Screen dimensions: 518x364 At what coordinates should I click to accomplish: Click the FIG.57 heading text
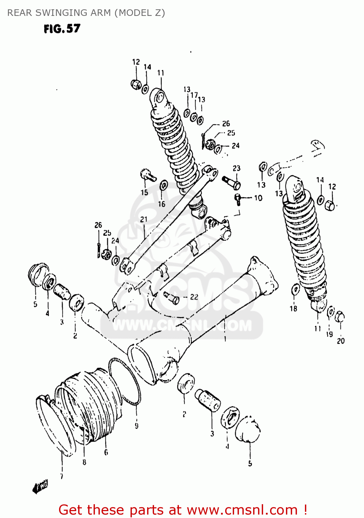pyautogui.click(x=62, y=29)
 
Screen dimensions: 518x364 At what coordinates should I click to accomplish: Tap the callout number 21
pyautogui.click(x=144, y=219)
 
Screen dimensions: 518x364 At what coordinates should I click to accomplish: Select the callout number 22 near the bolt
pyautogui.click(x=194, y=297)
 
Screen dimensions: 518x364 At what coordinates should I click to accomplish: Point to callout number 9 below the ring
pyautogui.click(x=136, y=425)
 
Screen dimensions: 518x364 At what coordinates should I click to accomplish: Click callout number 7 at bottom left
pyautogui.click(x=61, y=477)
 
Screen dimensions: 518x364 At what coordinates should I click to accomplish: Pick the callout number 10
pyautogui.click(x=258, y=198)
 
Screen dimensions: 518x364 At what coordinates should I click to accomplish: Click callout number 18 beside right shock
pyautogui.click(x=293, y=308)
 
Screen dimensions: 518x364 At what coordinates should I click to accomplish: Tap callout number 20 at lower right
pyautogui.click(x=341, y=341)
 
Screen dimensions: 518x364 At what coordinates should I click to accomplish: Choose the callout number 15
pyautogui.click(x=144, y=192)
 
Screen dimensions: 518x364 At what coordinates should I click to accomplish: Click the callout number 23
pyautogui.click(x=236, y=168)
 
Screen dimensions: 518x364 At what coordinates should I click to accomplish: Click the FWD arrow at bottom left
pyautogui.click(x=40, y=487)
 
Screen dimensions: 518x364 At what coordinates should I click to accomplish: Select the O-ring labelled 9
pyautogui.click(x=124, y=382)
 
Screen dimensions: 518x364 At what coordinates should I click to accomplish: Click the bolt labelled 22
pyautogui.click(x=172, y=298)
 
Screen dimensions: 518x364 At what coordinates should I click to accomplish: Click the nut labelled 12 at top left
pyautogui.click(x=136, y=84)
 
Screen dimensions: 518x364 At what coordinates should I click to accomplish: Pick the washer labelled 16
pyautogui.click(x=164, y=185)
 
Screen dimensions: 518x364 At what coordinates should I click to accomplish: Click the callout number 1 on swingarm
pyautogui.click(x=225, y=339)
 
